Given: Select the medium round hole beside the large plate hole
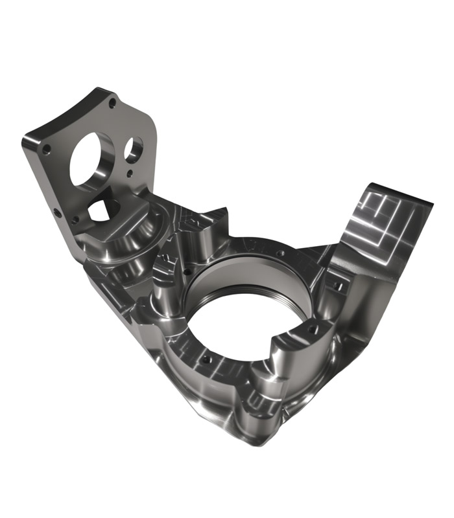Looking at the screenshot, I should pyautogui.click(x=134, y=150).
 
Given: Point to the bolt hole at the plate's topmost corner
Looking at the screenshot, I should pyautogui.click(x=112, y=102).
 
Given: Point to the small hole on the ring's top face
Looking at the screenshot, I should pyautogui.click(x=280, y=253).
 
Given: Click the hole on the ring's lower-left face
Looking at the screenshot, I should pyautogui.click(x=206, y=358).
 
